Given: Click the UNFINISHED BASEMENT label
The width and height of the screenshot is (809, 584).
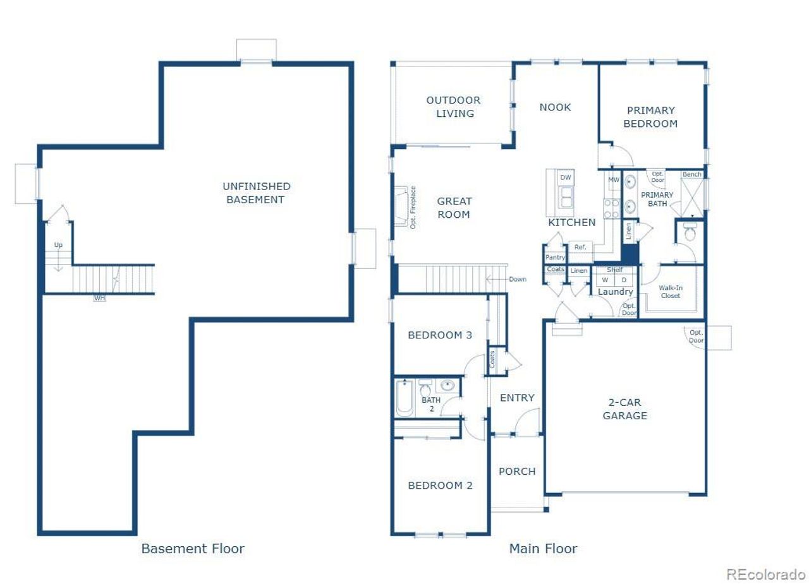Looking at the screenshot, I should click(256, 193).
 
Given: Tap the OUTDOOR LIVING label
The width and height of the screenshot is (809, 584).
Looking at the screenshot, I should click(453, 107).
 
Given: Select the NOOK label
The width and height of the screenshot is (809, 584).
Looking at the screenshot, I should click(555, 107).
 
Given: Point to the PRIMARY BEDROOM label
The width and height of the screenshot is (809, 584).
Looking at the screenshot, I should click(650, 117).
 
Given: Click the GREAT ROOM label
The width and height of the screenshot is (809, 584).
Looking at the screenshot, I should click(454, 208).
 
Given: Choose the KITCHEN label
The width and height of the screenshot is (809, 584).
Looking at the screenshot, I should click(571, 222).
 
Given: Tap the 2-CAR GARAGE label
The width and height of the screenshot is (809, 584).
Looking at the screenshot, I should click(624, 409).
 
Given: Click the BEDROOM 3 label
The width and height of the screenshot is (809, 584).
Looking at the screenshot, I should click(440, 335).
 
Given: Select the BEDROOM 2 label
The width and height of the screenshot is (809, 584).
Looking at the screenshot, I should click(440, 486).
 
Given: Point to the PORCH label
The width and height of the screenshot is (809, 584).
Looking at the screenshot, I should click(517, 472).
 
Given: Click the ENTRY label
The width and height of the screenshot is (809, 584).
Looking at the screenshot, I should click(517, 398).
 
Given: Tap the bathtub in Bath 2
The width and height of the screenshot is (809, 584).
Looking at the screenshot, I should click(404, 398).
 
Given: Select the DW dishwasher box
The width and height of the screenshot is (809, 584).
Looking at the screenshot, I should click(566, 178).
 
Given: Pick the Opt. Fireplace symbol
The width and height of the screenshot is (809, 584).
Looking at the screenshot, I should click(401, 206).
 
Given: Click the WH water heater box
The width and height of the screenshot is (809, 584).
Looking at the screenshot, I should click(100, 298).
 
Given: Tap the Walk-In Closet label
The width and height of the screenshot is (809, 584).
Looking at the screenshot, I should click(670, 291).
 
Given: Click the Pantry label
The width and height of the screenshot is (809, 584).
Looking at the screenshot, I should click(555, 258).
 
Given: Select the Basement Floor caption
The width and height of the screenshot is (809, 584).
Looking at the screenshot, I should click(193, 548).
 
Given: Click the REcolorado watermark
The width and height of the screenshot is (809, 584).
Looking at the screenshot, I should click(765, 574).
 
